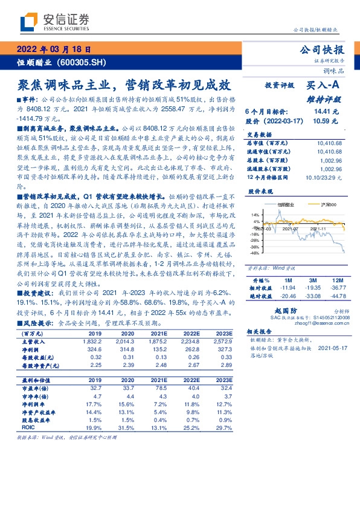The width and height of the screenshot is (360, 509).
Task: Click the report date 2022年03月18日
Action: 54,50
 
